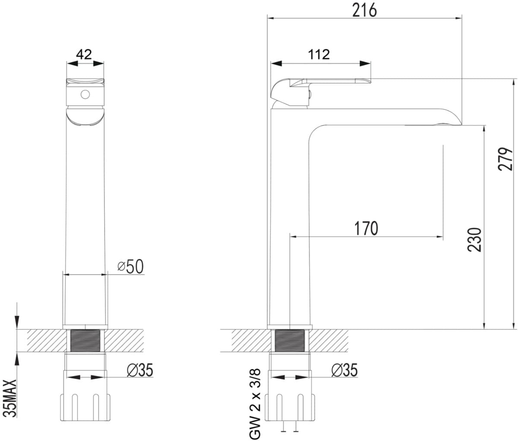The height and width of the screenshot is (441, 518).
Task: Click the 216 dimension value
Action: click(364, 10)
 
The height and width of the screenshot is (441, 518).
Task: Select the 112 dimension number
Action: click(319, 54)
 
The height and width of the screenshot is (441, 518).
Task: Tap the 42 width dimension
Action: click(84, 54)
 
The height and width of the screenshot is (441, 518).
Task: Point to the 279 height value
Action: click(505, 159)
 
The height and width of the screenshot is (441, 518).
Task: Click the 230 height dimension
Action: click(474, 240)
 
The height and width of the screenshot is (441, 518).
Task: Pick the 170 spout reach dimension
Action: click(366, 228)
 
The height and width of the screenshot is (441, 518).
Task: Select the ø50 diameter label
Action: click(130, 266)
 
